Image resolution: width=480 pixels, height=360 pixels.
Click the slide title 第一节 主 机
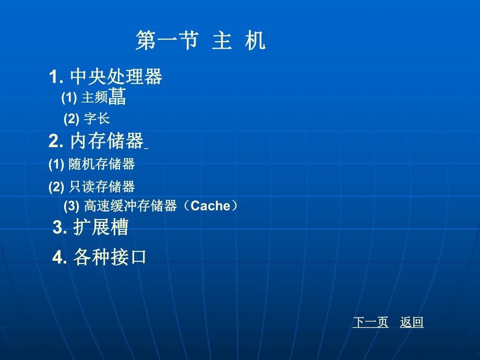coord(200,41)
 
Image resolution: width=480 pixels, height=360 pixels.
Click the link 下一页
coord(370,322)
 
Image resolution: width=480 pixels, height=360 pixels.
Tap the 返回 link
coord(412,322)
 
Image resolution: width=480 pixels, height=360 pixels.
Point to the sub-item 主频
coord(94,98)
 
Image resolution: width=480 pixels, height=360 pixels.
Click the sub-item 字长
coord(97,119)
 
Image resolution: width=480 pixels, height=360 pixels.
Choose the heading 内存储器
coord(106,141)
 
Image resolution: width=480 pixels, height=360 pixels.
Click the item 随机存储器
coord(102,164)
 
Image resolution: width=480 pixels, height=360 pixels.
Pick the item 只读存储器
coord(102,186)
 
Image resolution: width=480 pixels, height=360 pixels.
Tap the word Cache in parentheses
coord(211,206)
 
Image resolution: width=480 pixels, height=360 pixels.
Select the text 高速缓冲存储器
coord(130,206)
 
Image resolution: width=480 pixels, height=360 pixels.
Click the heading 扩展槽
coord(101,227)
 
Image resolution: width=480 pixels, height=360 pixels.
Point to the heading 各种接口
coord(110,257)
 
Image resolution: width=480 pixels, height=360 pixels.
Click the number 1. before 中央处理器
coord(56,78)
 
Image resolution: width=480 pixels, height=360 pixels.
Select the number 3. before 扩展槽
coord(59,228)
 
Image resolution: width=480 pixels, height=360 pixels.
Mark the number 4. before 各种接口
coord(59,258)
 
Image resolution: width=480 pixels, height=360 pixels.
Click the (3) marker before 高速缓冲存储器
coord(71,206)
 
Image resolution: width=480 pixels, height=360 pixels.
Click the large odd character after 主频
coord(117,97)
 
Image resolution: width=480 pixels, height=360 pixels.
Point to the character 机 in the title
coord(255,41)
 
